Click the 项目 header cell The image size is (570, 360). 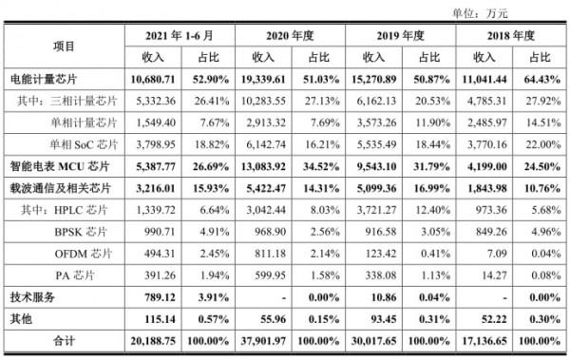point(63,45)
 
